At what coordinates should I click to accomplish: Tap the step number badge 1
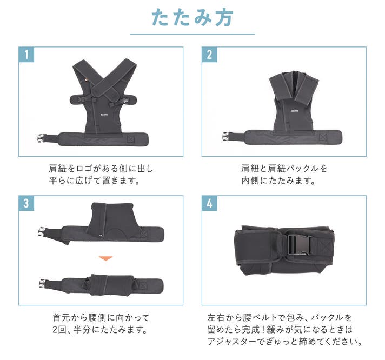[26, 55]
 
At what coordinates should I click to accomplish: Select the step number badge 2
[209, 55]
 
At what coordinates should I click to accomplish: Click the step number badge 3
[26, 203]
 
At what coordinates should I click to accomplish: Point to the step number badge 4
[209, 203]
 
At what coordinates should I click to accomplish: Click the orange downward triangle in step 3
[105, 258]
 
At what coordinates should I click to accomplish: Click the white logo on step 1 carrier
[104, 115]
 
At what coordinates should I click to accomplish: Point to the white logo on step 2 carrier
[294, 111]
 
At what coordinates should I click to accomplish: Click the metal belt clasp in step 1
[41, 138]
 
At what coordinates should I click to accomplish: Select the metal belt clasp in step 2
[225, 136]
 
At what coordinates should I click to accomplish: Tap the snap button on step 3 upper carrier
[101, 236]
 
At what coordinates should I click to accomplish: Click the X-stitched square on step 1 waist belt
[131, 139]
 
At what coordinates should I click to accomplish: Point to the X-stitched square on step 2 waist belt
[323, 137]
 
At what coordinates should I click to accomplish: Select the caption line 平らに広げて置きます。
[95, 181]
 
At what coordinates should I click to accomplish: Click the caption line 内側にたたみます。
[278, 181]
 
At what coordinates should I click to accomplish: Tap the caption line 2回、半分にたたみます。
[100, 329]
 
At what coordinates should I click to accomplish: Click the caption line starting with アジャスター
[285, 341]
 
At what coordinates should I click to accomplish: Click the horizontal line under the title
[192, 34]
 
